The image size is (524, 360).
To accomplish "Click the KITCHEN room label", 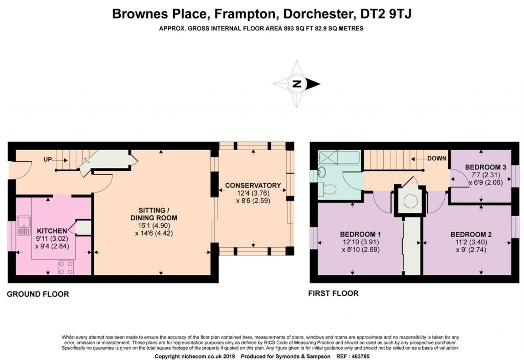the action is [52, 231].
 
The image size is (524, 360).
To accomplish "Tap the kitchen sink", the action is [24, 226].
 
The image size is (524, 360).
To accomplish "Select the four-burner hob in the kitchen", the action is [66, 267].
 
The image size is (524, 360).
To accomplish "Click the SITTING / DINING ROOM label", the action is [154, 214].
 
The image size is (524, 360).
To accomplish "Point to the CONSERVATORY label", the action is [253, 185].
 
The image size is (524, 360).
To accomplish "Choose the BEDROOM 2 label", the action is [471, 234].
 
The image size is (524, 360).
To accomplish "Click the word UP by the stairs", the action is [48, 160].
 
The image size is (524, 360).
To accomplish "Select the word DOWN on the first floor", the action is [437, 158].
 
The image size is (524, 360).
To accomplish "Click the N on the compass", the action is [296, 84].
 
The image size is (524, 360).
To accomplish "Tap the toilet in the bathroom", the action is [329, 190].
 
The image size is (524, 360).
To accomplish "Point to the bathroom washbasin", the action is [322, 173].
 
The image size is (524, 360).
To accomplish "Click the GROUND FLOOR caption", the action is [38, 294].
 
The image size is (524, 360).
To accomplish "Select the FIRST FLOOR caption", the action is [333, 293].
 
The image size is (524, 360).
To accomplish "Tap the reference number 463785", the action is [359, 356].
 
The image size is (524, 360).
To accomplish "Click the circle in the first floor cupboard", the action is [410, 201].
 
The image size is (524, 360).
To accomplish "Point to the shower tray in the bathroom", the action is [328, 157].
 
